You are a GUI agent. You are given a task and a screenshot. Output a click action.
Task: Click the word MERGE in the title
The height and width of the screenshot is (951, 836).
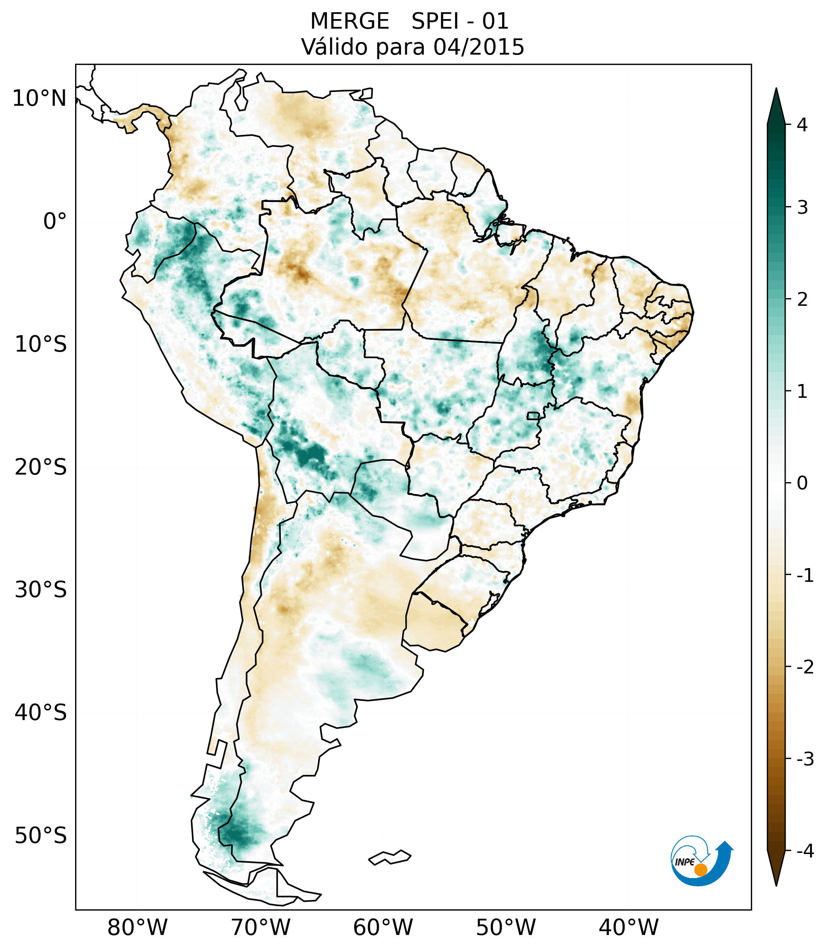349,21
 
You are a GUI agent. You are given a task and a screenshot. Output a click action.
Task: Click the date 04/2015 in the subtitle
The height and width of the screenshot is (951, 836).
478,47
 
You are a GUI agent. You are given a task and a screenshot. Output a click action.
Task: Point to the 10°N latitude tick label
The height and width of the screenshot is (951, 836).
40,98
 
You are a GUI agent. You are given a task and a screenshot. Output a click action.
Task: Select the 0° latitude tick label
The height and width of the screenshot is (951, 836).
55,221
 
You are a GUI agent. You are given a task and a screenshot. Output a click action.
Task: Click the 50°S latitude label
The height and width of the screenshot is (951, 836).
41,836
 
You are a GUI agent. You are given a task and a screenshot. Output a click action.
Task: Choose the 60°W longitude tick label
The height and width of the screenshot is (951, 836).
383,927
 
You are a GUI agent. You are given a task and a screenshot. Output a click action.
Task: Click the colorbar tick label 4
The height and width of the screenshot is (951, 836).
802,125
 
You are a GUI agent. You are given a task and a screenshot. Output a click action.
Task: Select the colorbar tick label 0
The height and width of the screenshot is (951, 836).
802,483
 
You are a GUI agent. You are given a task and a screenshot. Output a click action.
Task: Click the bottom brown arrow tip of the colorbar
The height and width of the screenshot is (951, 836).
776,883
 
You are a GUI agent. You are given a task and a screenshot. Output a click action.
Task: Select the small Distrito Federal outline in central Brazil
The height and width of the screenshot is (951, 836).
533,415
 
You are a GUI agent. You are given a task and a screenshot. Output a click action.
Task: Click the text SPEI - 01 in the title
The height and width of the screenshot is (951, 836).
460,21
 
